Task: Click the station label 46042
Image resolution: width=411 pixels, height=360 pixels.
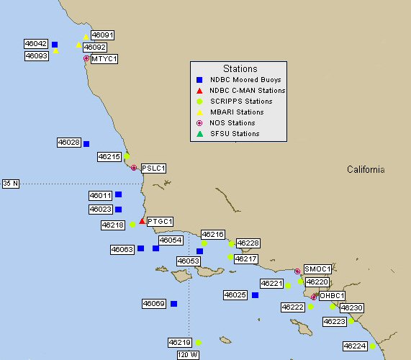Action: click(x=36, y=44)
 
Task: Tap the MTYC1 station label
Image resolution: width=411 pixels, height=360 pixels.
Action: click(x=104, y=58)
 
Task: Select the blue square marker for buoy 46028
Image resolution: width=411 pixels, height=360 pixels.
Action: click(x=86, y=143)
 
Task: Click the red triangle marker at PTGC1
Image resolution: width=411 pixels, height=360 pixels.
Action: click(x=142, y=221)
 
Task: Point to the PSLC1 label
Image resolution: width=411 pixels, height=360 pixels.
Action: click(x=153, y=168)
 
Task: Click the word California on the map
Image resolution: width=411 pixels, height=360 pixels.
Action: click(x=366, y=170)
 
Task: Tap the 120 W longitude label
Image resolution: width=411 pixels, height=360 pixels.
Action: click(x=188, y=354)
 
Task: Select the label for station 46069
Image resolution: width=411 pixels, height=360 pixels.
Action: click(x=154, y=304)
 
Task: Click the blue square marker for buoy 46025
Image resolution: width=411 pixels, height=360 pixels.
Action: click(x=255, y=295)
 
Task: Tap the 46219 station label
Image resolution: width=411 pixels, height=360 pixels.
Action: click(x=180, y=343)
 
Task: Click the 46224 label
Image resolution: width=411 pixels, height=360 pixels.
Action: click(x=355, y=346)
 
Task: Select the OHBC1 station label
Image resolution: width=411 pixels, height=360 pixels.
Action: click(x=332, y=295)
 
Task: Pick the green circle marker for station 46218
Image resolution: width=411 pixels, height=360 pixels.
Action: click(x=132, y=225)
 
